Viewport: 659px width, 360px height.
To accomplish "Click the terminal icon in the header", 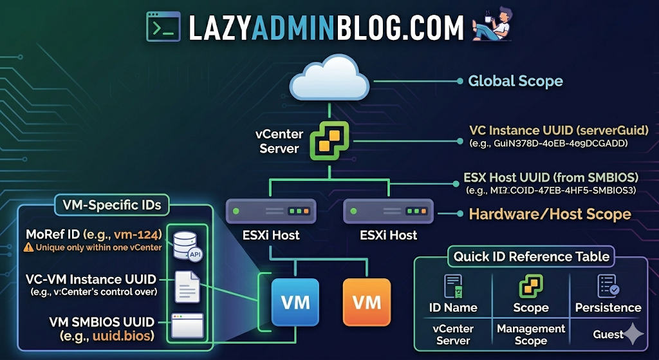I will (x=163, y=26).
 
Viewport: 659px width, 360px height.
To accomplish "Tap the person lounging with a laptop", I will (x=492, y=26).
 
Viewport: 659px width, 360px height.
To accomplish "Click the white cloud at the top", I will (x=329, y=79).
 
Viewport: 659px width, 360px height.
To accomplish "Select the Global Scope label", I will (x=515, y=81).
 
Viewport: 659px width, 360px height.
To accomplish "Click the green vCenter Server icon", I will (x=329, y=140).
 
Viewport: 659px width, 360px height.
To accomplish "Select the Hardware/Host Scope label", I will (x=550, y=214).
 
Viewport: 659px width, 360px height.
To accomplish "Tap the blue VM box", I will (x=295, y=302).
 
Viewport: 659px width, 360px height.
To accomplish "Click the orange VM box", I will (x=367, y=302).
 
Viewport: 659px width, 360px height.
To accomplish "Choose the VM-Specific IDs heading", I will (x=111, y=205).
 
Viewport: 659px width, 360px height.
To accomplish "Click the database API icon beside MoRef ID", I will (x=185, y=243).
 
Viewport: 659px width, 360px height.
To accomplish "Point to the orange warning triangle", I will (x=28, y=247).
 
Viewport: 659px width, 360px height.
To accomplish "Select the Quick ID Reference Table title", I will (x=531, y=256).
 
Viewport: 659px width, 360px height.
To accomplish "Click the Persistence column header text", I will (x=608, y=307).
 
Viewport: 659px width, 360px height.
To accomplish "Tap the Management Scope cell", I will (x=531, y=334).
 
